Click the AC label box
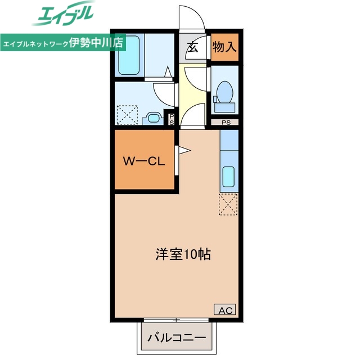(224, 309)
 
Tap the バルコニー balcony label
(177, 338)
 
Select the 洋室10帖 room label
(183, 254)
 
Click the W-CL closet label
(143, 161)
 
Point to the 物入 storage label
(224, 47)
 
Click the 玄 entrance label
(193, 47)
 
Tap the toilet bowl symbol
(224, 90)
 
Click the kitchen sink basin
(228, 178)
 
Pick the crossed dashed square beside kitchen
(228, 204)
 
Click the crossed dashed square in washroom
(127, 115)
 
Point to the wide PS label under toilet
(226, 122)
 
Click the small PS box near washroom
(172, 118)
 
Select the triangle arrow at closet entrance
(184, 150)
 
